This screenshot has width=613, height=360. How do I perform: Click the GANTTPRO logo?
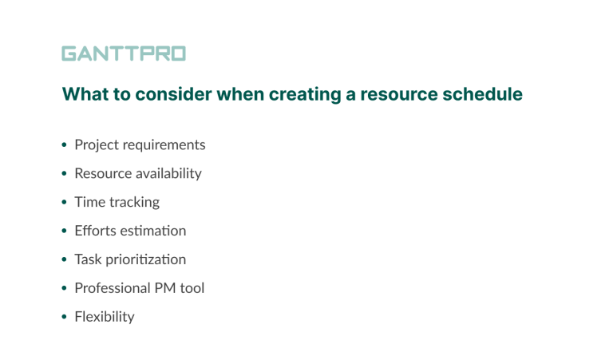[x=124, y=54]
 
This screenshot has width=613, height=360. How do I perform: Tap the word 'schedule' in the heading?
[x=486, y=94]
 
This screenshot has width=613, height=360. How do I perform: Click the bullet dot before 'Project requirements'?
[x=65, y=145]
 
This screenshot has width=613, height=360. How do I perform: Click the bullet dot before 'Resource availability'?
[x=65, y=174]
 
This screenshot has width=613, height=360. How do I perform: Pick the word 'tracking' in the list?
[x=134, y=202]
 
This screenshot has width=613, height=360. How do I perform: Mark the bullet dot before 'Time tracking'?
[x=65, y=203]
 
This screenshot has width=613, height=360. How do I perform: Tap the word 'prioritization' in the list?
[x=147, y=259]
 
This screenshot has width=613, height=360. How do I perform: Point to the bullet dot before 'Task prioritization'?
[x=65, y=260]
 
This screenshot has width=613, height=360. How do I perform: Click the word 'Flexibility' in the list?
[x=105, y=317]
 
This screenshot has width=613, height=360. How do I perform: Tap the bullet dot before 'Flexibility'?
[x=65, y=318]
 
